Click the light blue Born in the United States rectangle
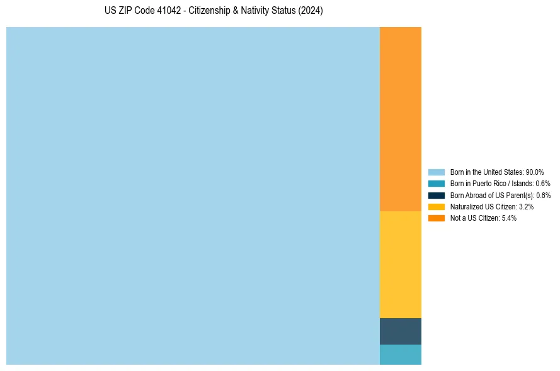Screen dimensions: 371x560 coord(193,196)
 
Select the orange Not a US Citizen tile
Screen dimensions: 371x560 coord(400,119)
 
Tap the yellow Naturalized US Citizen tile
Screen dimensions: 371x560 coord(400,264)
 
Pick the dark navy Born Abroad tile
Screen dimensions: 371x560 coord(400,331)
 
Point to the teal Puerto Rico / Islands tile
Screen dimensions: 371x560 coord(400,355)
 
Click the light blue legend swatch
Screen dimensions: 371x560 coord(437,172)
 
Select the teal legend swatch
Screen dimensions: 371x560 coord(437,184)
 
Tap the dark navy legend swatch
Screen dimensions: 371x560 coord(437,195)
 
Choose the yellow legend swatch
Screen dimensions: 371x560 coord(437,206)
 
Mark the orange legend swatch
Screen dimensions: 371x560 coord(437,218)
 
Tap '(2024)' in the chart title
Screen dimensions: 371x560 coord(311,11)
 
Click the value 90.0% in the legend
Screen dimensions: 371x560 coord(534,172)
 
